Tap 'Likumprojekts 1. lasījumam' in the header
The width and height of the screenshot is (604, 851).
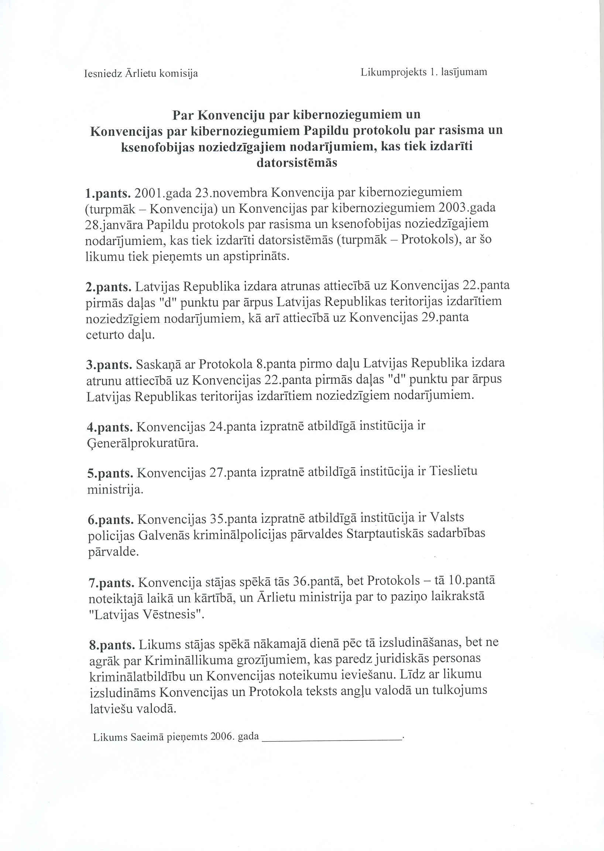[423, 72]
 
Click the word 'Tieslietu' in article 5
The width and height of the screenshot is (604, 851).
[453, 471]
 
